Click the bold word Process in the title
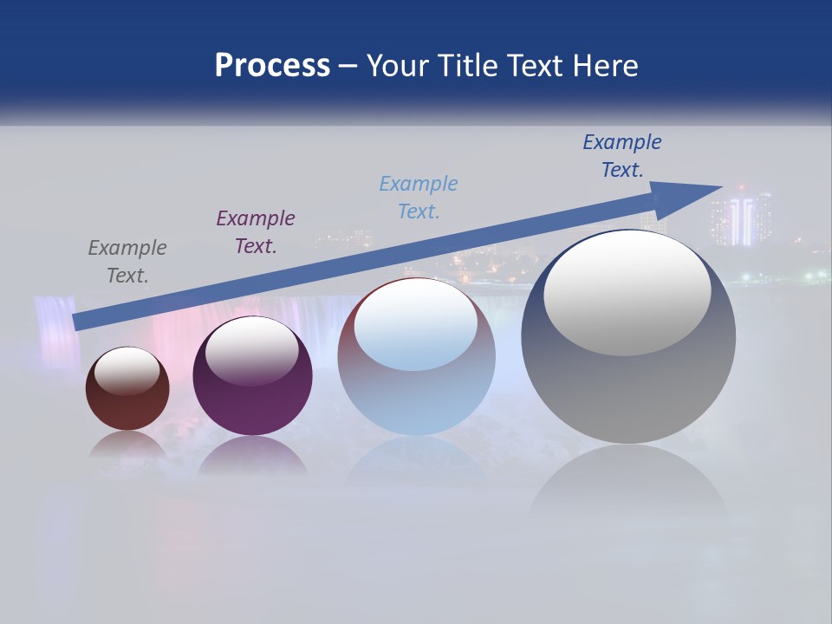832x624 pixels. click(x=272, y=66)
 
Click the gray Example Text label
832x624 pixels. click(x=127, y=262)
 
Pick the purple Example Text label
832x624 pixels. click(x=256, y=232)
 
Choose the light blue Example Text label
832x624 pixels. click(x=419, y=198)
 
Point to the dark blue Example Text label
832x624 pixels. click(x=622, y=156)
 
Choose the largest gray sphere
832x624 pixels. click(x=628, y=381)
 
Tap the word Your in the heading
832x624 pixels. click(x=400, y=66)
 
